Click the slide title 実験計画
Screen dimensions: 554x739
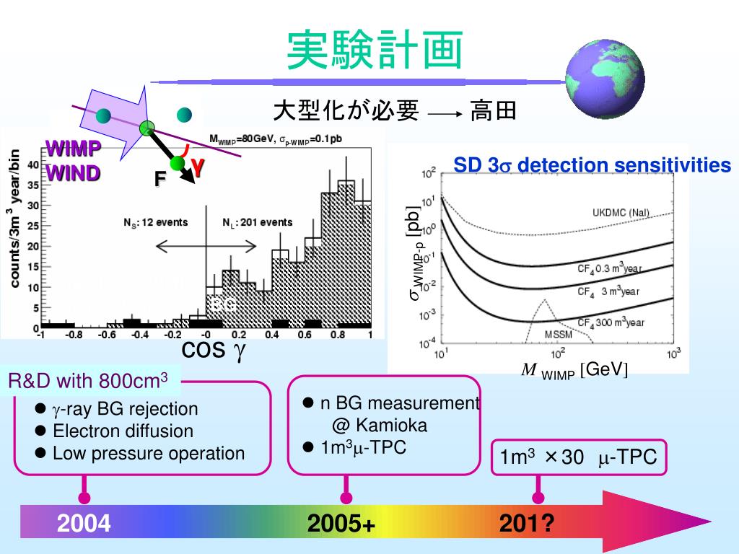[375, 51]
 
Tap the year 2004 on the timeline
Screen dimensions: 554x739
[84, 523]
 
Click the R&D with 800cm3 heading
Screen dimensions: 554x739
[88, 379]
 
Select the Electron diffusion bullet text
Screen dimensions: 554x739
[123, 431]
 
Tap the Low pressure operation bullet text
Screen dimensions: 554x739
[149, 454]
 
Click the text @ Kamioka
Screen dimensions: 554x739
[380, 425]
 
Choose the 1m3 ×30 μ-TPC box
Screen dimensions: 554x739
[579, 457]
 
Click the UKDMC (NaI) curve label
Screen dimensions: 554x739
[621, 212]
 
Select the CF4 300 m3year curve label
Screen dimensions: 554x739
[610, 322]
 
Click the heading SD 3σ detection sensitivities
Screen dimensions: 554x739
[592, 166]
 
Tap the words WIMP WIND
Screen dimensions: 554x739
[74, 162]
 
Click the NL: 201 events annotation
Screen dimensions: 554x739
[258, 223]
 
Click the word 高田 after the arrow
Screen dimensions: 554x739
[494, 111]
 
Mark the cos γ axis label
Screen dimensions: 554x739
[214, 351]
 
